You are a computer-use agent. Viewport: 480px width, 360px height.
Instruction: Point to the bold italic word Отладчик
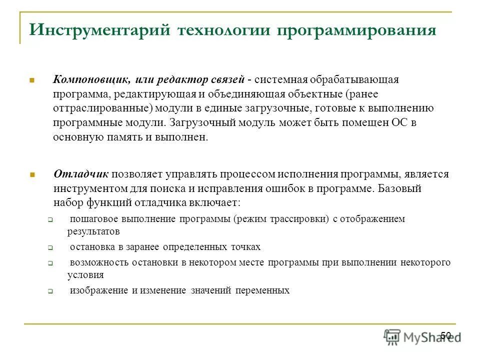click(x=81, y=174)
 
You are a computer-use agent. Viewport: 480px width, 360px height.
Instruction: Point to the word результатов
click(x=93, y=232)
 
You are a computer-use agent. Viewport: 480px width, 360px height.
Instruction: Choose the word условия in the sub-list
click(x=85, y=274)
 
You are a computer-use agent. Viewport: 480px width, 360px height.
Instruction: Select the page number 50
click(x=446, y=335)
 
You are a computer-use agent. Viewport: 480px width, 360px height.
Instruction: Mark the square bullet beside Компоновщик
click(x=31, y=80)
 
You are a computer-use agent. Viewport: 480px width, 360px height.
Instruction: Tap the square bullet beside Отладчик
click(x=31, y=174)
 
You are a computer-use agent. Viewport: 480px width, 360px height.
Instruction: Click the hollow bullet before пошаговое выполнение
click(x=50, y=219)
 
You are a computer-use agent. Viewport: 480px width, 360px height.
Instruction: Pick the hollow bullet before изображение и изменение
click(x=50, y=290)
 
